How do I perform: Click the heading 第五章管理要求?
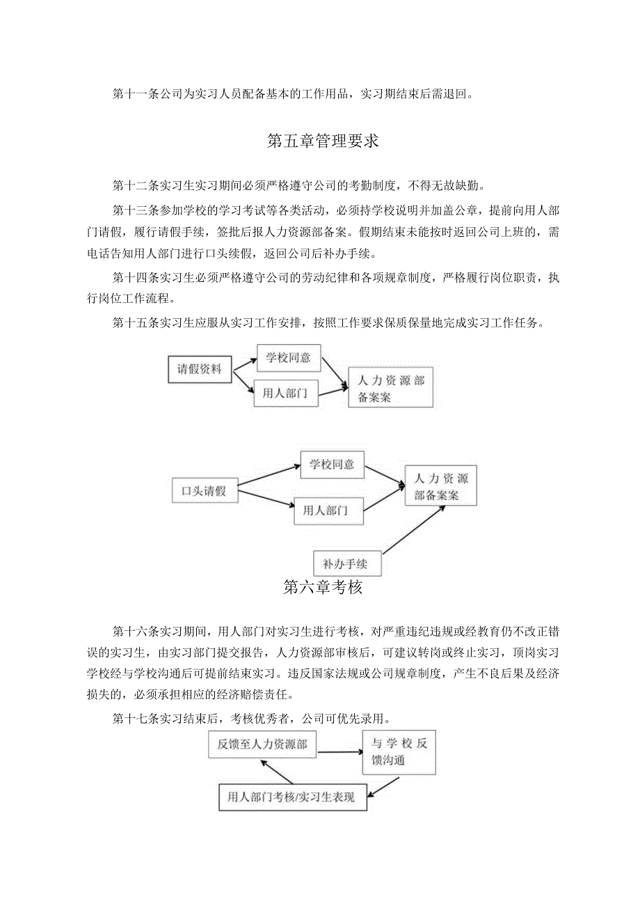pyautogui.click(x=322, y=141)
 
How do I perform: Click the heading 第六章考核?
pyautogui.click(x=323, y=587)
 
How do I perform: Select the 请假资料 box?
pyautogui.click(x=199, y=369)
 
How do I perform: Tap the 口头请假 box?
pyautogui.click(x=204, y=490)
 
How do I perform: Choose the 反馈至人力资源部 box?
pyautogui.click(x=262, y=744)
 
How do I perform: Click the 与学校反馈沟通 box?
pyautogui.click(x=399, y=752)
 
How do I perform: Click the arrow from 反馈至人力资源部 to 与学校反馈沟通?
pyautogui.click(x=339, y=751)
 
